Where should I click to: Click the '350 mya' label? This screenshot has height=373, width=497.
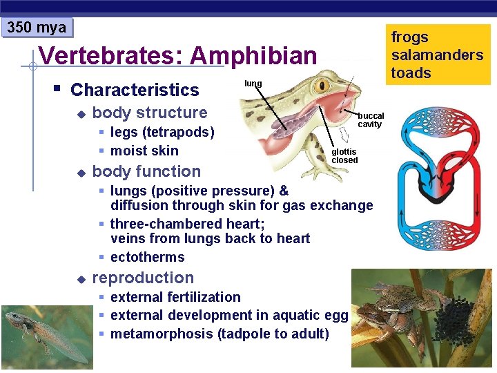coord(37,28)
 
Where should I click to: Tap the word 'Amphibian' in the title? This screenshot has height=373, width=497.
coord(253,56)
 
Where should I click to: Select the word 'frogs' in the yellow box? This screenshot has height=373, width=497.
coord(409,37)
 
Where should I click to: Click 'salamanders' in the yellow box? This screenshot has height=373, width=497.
coord(437,55)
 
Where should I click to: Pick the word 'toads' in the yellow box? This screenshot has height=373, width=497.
coord(411,73)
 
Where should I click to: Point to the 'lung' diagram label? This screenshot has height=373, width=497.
coord(253,84)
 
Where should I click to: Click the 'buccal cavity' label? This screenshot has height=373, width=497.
coord(370,120)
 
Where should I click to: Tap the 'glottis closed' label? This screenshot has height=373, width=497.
coord(344,156)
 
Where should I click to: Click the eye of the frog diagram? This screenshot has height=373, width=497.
coord(322,87)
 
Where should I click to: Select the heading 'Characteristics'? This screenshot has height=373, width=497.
coord(135,90)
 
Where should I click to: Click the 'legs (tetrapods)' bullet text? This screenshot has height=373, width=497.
coord(162,132)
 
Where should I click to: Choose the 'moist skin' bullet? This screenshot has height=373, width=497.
coord(144,151)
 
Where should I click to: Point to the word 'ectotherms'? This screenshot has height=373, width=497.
coord(147,257)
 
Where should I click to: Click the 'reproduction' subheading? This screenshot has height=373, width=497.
coord(143,278)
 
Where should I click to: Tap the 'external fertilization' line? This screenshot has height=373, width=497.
coord(175,297)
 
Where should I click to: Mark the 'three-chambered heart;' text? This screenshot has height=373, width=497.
coord(187,224)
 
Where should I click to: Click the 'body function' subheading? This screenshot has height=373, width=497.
coord(146,171)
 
